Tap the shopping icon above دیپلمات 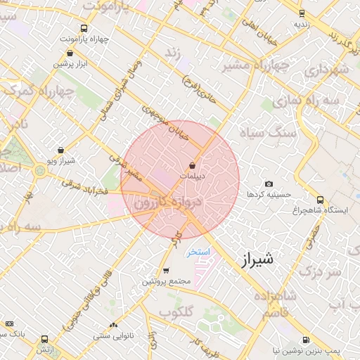click(x=193, y=166)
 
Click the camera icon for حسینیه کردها click(x=269, y=184)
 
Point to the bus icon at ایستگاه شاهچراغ click(x=321, y=200)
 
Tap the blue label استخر click(x=199, y=252)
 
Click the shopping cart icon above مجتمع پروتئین click(x=166, y=271)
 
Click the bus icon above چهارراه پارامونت click(x=84, y=29)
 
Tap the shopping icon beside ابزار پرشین click(x=56, y=63)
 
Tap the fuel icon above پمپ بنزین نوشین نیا click(x=306, y=339)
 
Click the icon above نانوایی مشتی click(x=113, y=325)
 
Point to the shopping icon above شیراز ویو click(x=61, y=150)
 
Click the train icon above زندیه click(x=302, y=13)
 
